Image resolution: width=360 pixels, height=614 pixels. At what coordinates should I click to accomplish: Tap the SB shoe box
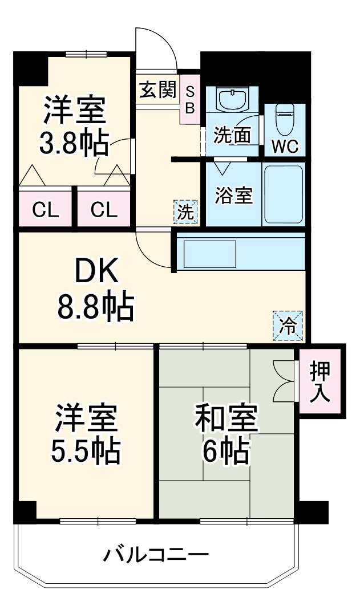pyautogui.click(x=190, y=99)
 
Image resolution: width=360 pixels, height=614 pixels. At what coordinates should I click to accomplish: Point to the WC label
pyautogui.click(x=284, y=146)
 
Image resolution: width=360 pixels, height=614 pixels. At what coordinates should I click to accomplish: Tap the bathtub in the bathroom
pyautogui.click(x=284, y=194)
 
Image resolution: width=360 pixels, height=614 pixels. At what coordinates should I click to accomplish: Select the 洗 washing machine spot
pyautogui.click(x=185, y=212)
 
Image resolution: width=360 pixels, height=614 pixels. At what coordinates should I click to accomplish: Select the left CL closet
pyautogui.click(x=45, y=210)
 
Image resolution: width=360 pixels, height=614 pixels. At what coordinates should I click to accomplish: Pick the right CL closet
pyautogui.click(x=104, y=210)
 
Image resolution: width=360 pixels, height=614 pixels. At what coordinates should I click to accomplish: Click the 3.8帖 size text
pyautogui.click(x=74, y=144)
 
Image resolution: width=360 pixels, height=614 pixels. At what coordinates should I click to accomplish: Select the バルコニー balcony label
pyautogui.click(x=155, y=554)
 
